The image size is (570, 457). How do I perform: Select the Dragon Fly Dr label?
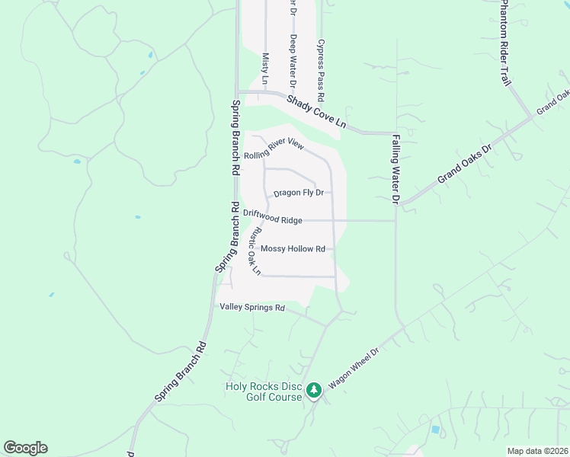click(299, 193)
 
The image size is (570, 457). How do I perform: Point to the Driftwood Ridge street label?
click(272, 217)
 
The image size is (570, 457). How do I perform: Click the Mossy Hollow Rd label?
click(293, 249)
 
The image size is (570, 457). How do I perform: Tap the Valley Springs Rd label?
click(251, 308)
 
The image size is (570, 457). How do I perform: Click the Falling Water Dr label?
click(395, 170)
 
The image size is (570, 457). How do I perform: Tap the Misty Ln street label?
click(265, 68)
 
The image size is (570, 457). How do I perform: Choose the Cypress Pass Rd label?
click(322, 67)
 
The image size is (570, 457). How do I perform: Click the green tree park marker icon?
click(313, 391)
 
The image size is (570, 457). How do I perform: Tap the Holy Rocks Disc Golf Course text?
click(264, 391)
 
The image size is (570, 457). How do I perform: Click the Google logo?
click(25, 448)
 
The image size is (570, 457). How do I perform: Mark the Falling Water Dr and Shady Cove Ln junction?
click(395, 133)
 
